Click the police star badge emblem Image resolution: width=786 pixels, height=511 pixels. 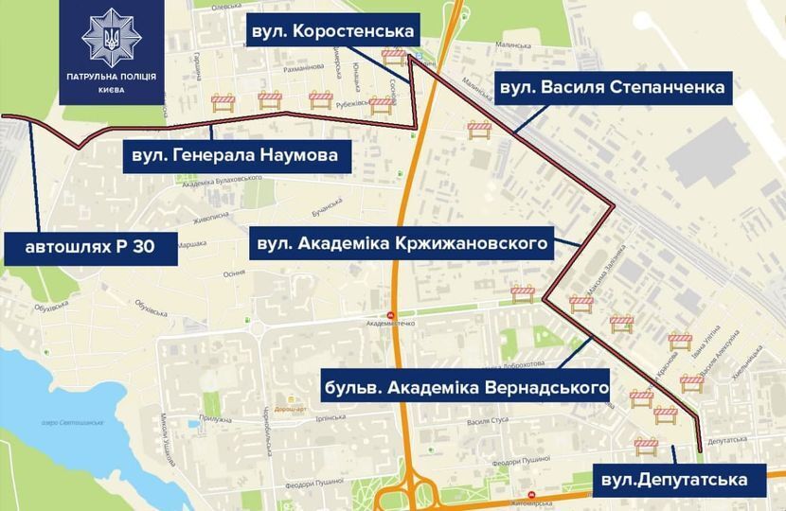click(x=112, y=37)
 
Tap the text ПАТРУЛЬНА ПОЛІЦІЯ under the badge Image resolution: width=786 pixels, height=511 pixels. click(x=112, y=77)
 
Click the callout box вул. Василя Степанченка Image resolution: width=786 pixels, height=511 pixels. click(x=612, y=88)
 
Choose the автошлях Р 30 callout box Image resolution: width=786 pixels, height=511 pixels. click(x=90, y=249)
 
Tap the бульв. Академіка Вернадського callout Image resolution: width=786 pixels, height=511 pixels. click(x=465, y=388)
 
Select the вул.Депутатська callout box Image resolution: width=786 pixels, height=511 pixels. click(x=674, y=480)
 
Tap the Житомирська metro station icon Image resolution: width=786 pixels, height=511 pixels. click(x=530, y=495)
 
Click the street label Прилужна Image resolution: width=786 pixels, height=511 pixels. click(x=216, y=418)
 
